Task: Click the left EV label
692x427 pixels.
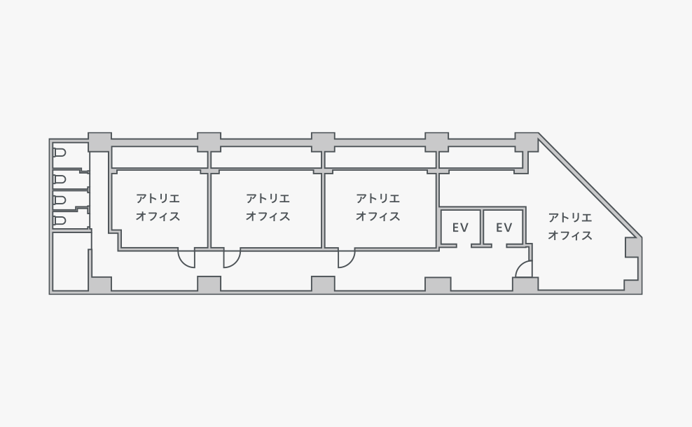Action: (460, 227)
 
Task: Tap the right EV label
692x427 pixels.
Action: (504, 227)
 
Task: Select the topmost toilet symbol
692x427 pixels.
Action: (60, 153)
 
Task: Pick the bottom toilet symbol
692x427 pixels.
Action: (60, 220)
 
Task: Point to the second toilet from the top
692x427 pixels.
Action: (60, 179)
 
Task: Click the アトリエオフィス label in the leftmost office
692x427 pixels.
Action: (158, 207)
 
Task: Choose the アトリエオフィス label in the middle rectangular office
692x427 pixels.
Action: (268, 207)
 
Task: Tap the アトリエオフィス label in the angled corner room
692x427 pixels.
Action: (570, 226)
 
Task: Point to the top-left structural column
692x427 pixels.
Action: (99, 142)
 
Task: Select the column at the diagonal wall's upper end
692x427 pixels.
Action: (527, 142)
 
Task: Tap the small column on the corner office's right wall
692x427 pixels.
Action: (632, 248)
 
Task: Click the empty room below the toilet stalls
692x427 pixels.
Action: (71, 261)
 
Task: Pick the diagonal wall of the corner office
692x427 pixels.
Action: (590, 185)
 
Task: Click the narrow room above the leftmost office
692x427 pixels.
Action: (159, 157)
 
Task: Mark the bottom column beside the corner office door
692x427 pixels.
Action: (525, 284)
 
